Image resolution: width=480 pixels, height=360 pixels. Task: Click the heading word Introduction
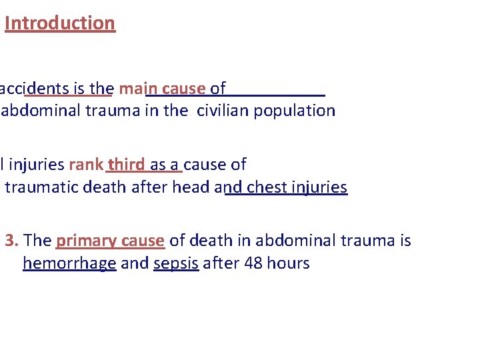click(60, 23)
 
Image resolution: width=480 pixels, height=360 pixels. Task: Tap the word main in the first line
click(138, 89)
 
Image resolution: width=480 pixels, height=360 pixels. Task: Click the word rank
click(86, 165)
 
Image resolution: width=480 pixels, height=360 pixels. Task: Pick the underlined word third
click(126, 165)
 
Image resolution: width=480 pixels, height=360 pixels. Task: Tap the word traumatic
click(41, 187)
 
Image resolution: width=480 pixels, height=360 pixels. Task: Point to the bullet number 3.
click(11, 241)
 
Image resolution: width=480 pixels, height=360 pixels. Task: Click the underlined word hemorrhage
click(69, 263)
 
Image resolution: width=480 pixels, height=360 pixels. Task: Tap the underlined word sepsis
click(176, 263)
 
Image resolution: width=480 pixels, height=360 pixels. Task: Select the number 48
click(254, 263)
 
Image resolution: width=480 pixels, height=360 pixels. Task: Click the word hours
click(288, 263)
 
